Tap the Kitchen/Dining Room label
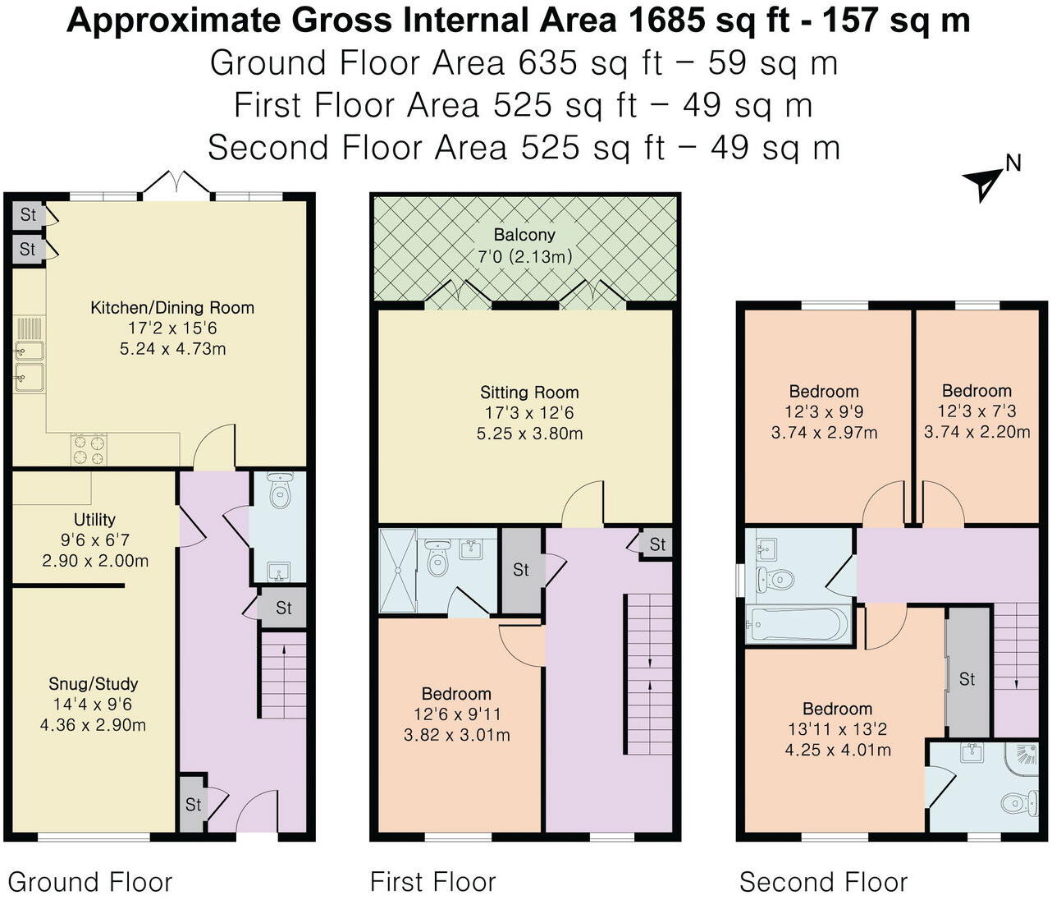172,308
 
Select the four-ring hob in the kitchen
89,450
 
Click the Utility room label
94,520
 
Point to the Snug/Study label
94,683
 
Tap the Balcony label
524,235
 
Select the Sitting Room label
529,393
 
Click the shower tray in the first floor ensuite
398,571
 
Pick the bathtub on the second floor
797,624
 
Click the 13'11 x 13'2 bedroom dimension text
837,729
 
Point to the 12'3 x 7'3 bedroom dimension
977,411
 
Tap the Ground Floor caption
90,882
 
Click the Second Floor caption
823,882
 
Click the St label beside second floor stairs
967,679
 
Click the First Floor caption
432,882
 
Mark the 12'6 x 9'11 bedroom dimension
456,714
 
